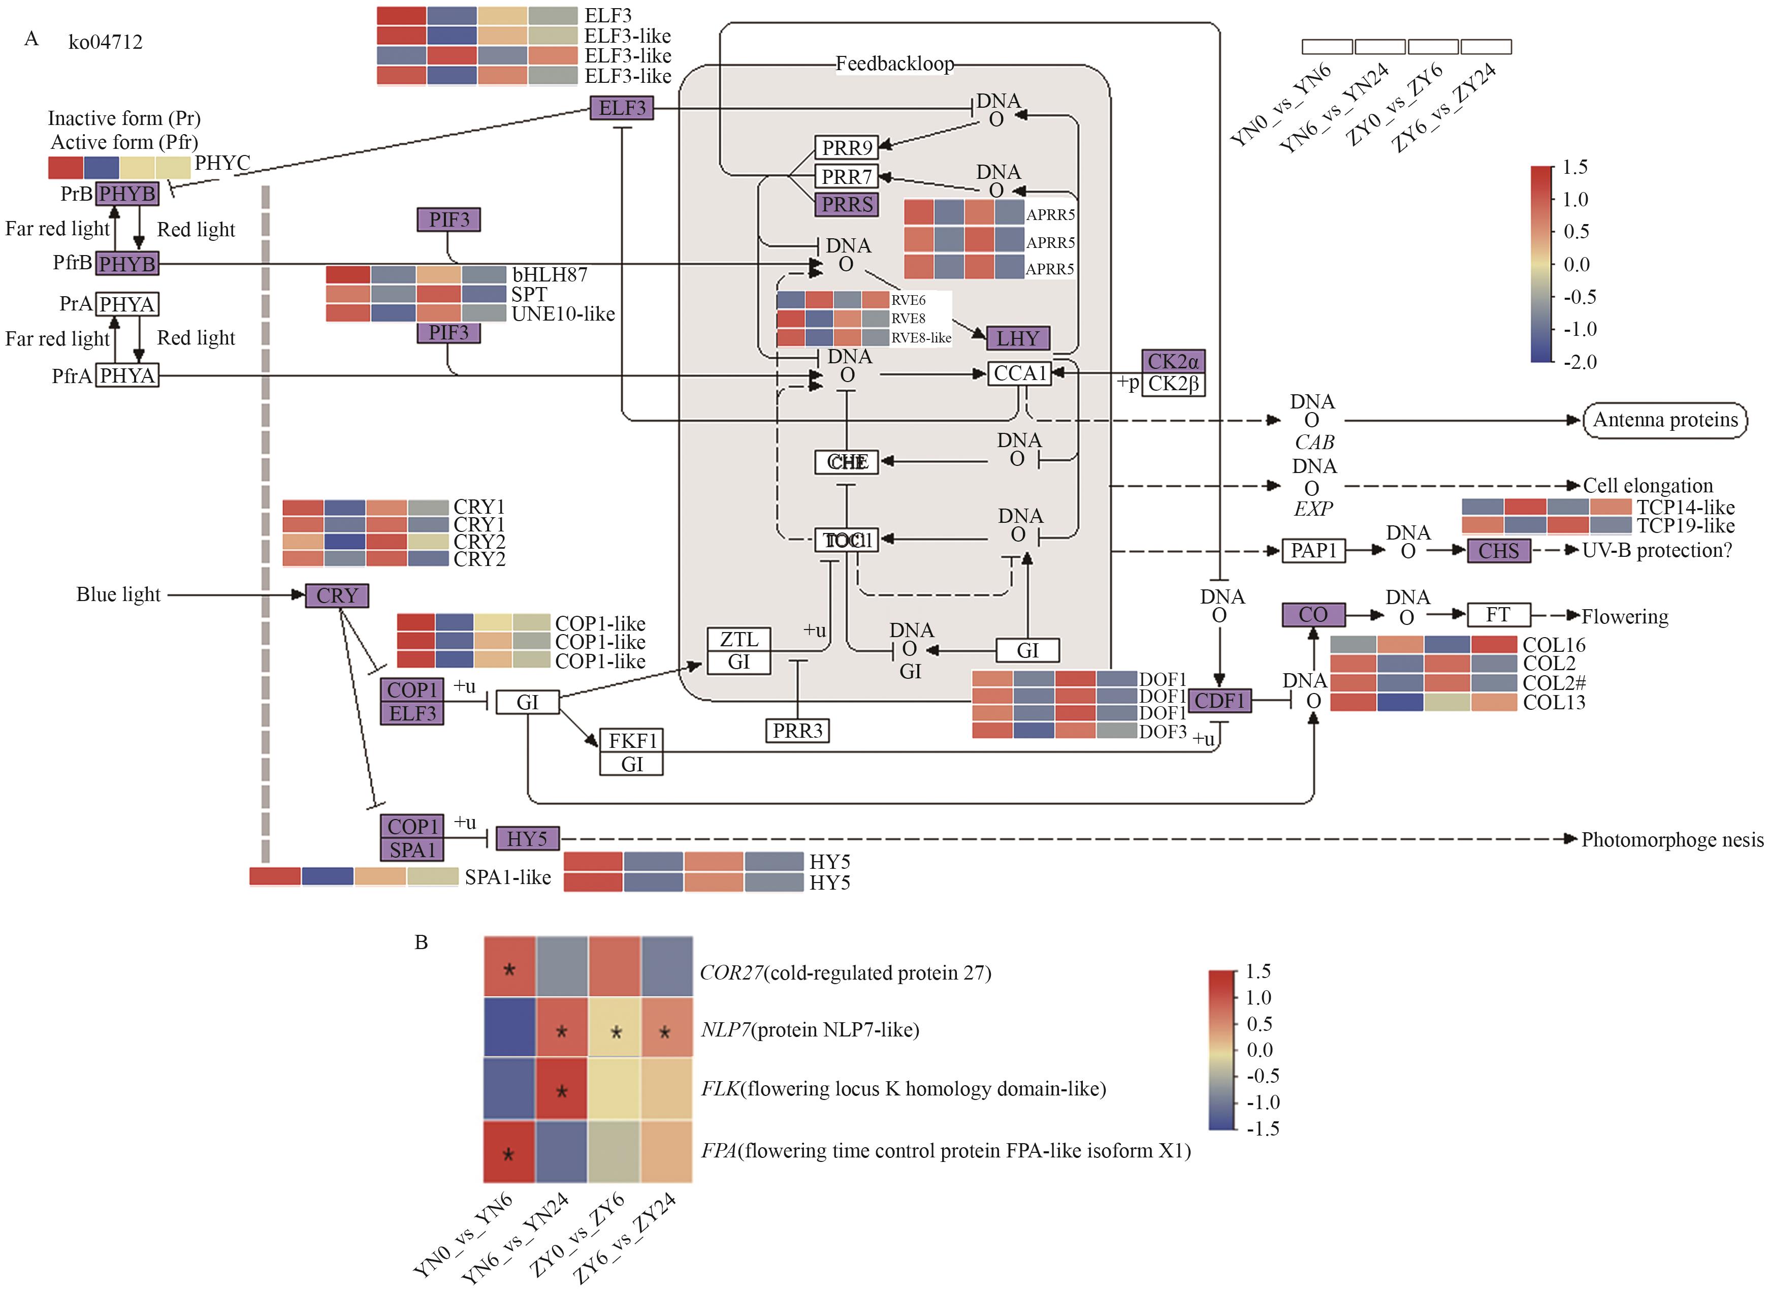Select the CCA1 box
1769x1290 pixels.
1019,374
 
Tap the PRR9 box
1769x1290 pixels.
846,147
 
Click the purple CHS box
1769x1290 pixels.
1498,551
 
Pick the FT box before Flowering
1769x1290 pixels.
1497,615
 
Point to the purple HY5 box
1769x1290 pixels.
527,839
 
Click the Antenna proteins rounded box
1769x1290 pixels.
1664,420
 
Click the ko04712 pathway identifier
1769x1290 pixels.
106,42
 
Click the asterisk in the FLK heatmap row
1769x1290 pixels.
561,1091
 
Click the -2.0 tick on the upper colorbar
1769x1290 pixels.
1579,362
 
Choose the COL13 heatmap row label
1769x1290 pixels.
1554,702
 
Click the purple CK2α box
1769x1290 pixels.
1173,362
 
